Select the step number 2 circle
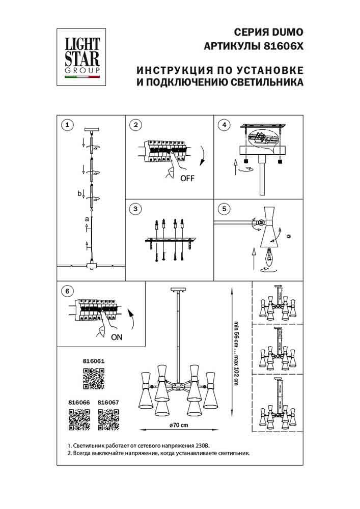[135, 125]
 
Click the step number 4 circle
[223, 125]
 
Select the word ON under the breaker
[116, 337]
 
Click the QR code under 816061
[93, 378]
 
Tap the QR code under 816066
[79, 419]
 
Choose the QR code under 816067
[108, 419]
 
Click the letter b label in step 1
[79, 193]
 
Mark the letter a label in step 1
[87, 219]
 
